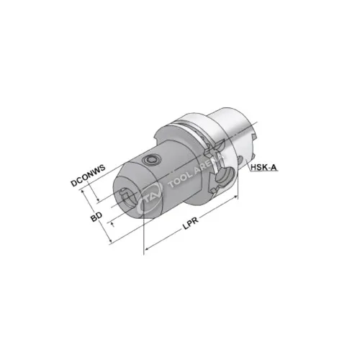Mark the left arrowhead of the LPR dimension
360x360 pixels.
click(x=147, y=250)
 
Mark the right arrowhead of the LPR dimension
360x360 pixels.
click(x=235, y=204)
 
